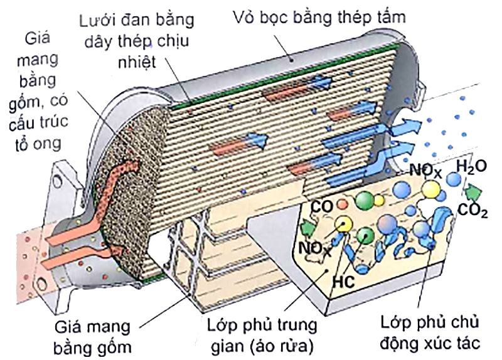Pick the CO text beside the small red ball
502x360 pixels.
[x=321, y=206]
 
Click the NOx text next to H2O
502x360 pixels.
[x=424, y=169]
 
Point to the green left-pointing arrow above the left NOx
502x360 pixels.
[x=307, y=227]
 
